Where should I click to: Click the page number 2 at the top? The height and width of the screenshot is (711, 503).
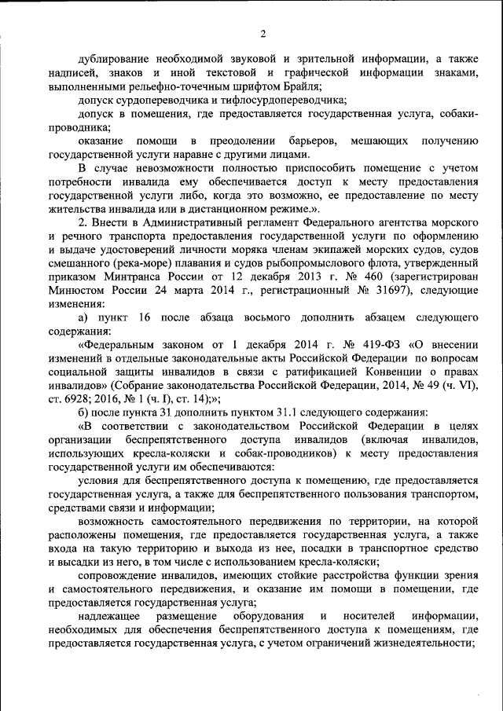pos(263,33)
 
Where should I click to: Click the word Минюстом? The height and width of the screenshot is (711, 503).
pos(76,290)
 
